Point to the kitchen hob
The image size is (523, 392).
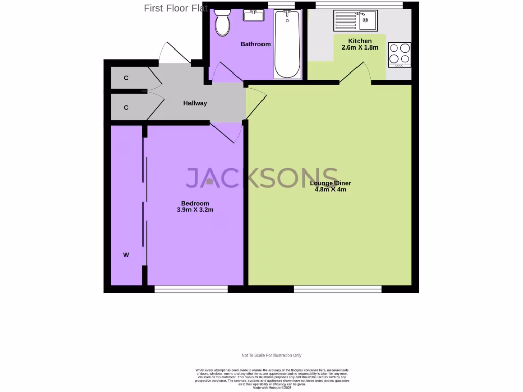tap(399, 55)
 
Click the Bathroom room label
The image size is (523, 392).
tap(255, 44)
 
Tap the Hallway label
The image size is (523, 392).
tap(195, 103)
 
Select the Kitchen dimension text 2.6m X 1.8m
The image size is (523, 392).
tap(360, 48)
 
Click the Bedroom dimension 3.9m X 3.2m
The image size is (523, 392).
tap(192, 210)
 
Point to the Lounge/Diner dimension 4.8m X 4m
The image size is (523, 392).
tap(330, 190)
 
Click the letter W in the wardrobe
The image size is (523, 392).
tap(126, 255)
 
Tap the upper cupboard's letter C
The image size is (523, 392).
tap(126, 78)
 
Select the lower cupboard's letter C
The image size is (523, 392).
tap(126, 108)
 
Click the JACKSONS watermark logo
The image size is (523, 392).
tap(261, 178)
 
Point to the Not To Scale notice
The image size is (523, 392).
tap(272, 355)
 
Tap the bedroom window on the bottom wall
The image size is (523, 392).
tap(191, 289)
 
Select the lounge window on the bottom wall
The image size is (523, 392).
tap(338, 289)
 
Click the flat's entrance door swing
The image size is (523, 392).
tap(169, 53)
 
